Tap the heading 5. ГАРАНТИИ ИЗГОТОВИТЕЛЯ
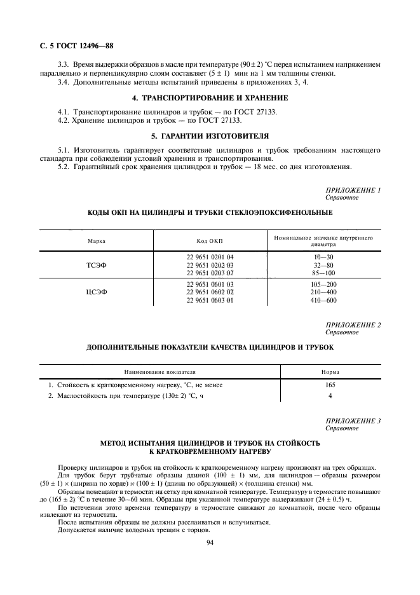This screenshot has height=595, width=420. pos(210,135)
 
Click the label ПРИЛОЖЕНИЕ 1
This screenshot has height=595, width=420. pos(353,190)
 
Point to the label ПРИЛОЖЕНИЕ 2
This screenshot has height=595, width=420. pos(353,325)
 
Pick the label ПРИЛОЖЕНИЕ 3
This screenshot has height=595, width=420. pos(353,421)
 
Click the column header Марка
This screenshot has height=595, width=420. pos(97,241)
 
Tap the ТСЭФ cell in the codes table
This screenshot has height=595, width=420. pos(97,265)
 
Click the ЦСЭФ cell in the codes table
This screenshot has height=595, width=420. pos(97,292)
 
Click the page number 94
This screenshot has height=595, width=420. pos(210,542)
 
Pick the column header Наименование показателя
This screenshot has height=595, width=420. pos(160,372)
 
